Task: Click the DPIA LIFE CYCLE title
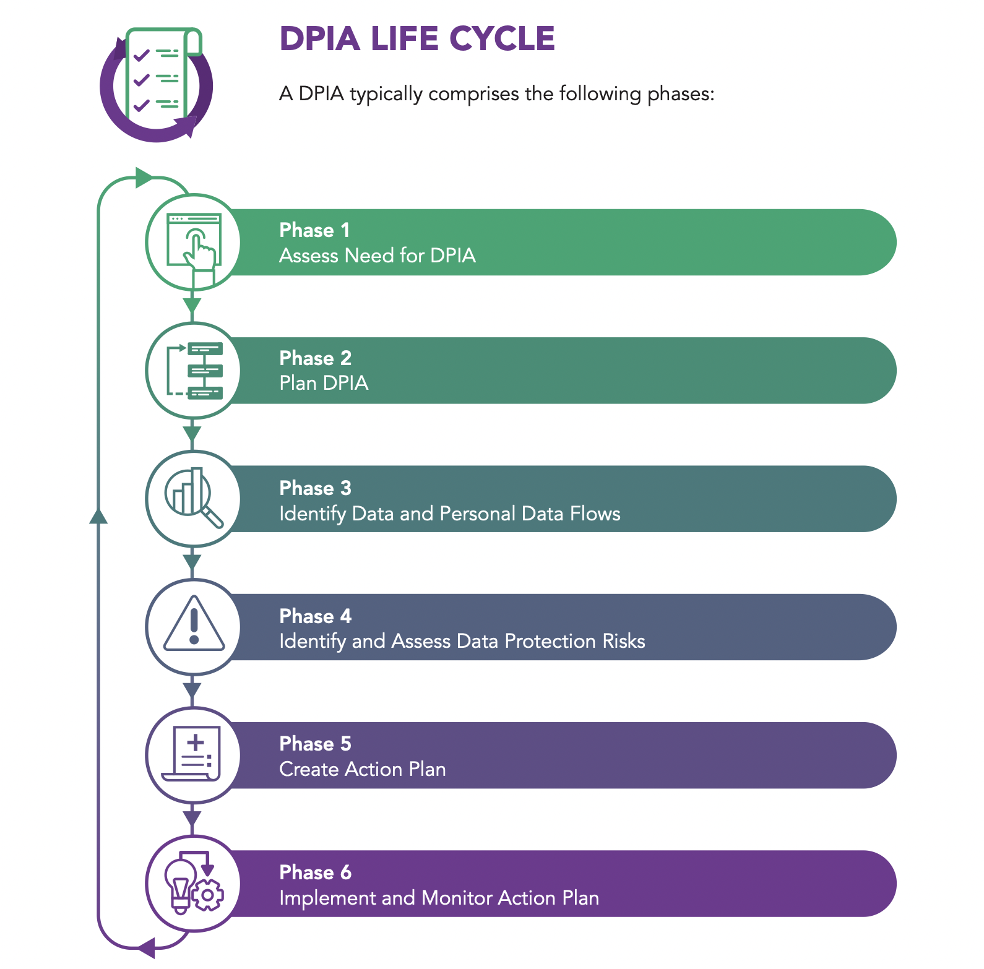click(x=417, y=38)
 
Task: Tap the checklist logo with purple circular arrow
click(x=157, y=83)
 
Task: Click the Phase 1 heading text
click(x=314, y=230)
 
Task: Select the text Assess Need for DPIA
click(x=377, y=256)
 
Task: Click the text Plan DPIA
click(x=324, y=383)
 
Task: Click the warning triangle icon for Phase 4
click(x=194, y=626)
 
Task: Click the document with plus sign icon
click(x=192, y=754)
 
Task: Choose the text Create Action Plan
click(x=362, y=769)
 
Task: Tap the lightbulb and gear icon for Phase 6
click(x=194, y=882)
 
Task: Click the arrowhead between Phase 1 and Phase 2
click(x=192, y=306)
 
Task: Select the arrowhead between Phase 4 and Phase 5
click(x=192, y=691)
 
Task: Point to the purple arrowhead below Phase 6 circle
click(x=147, y=947)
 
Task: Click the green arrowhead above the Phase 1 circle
click(x=144, y=178)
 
